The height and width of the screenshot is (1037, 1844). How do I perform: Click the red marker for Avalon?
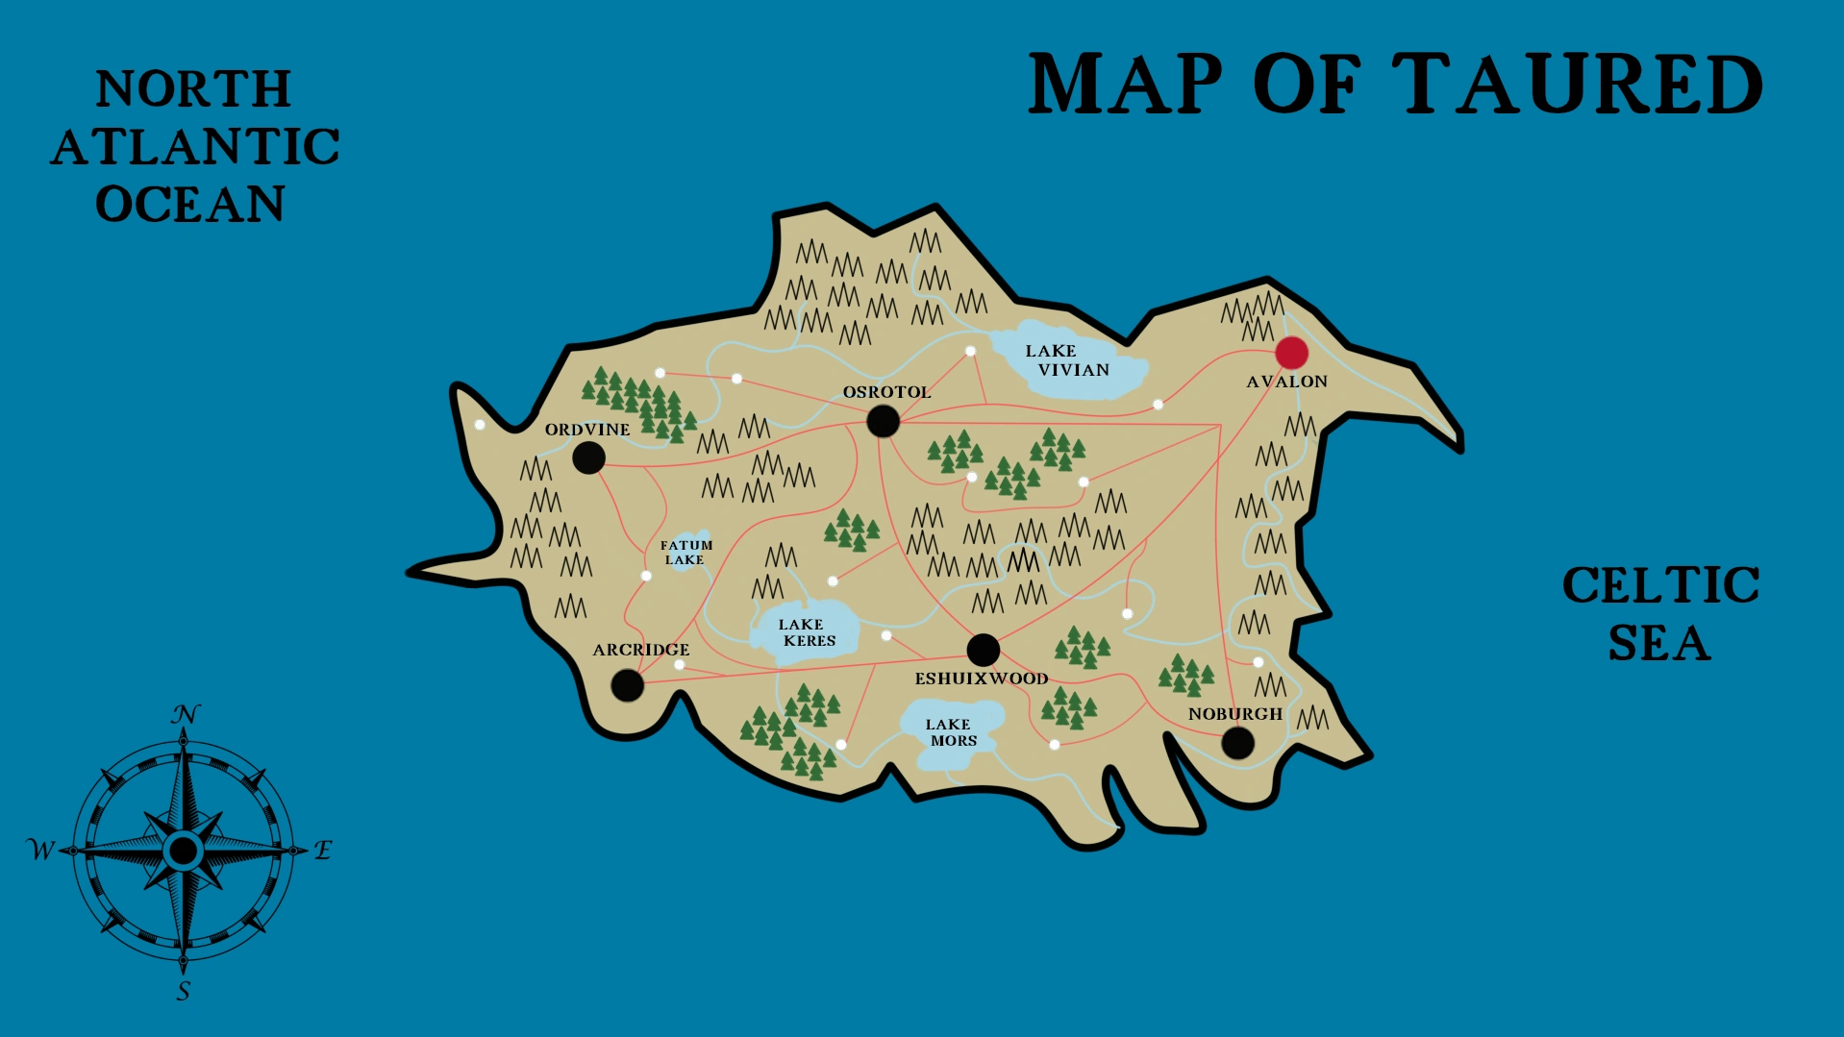coord(1291,353)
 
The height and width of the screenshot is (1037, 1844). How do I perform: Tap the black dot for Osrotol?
coord(883,420)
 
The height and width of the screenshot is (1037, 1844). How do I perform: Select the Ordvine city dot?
coord(588,457)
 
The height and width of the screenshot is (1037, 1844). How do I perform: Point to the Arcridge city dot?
coord(627,685)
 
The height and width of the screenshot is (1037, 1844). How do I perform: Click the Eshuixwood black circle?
coord(983,650)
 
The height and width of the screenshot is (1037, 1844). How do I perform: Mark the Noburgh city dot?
coord(1237,742)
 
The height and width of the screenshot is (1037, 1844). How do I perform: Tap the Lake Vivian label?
coord(1066,360)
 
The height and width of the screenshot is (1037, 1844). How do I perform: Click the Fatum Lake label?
coord(685,552)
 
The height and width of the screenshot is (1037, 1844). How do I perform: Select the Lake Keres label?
coord(806,632)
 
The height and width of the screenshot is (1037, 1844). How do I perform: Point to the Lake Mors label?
coord(951,732)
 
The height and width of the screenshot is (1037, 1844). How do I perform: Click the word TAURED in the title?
coord(1578,85)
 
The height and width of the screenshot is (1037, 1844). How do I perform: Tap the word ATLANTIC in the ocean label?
coord(195,147)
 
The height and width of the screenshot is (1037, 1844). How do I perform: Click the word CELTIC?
coord(1660,584)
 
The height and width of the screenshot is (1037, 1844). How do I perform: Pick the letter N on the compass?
coord(185,714)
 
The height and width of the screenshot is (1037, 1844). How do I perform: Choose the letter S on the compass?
coord(184,991)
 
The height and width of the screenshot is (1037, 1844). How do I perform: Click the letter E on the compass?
coord(323,850)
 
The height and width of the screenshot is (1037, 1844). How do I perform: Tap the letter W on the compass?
coord(40,850)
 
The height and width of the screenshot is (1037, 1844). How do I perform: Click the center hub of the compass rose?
coord(183,851)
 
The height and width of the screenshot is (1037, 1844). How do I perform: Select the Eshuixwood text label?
coord(981,679)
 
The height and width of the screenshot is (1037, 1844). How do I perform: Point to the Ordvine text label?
coord(587,430)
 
